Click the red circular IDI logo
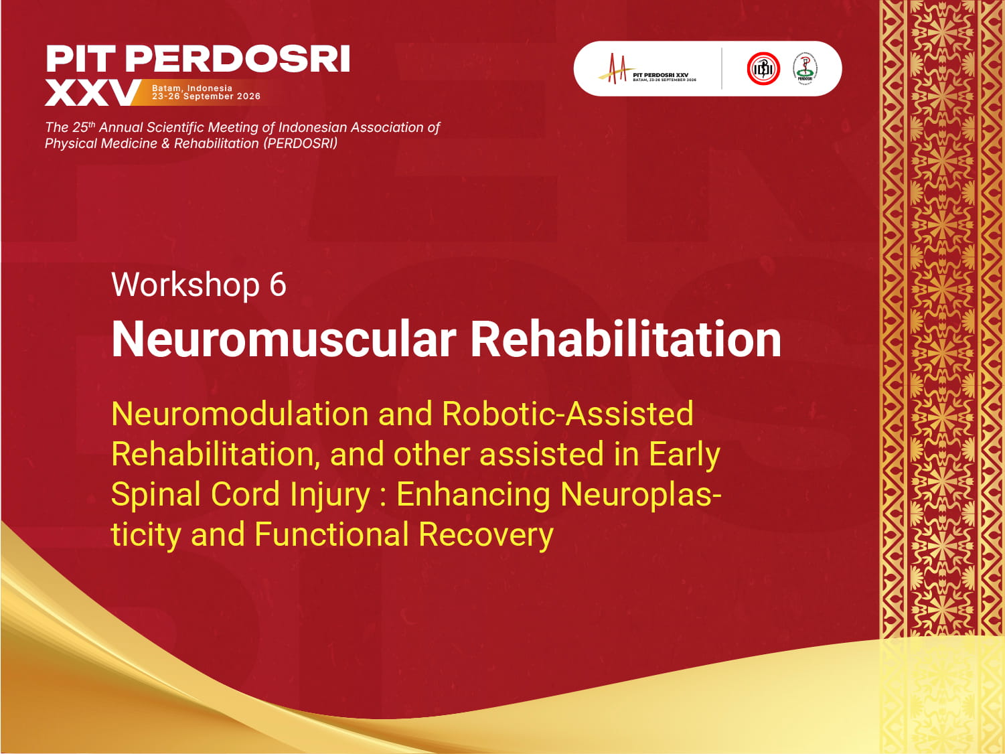pos(763,68)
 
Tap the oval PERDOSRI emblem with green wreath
pos(805,68)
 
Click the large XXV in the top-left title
pos(92,93)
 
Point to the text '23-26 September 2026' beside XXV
pos(206,96)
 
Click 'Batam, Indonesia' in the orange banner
pos(192,88)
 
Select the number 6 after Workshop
pos(278,285)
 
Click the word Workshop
pos(185,285)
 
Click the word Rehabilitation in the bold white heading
pos(625,339)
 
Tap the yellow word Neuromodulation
pos(239,414)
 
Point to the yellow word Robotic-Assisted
pos(567,414)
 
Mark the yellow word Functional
pos(331,534)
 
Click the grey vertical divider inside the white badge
pos(722,68)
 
